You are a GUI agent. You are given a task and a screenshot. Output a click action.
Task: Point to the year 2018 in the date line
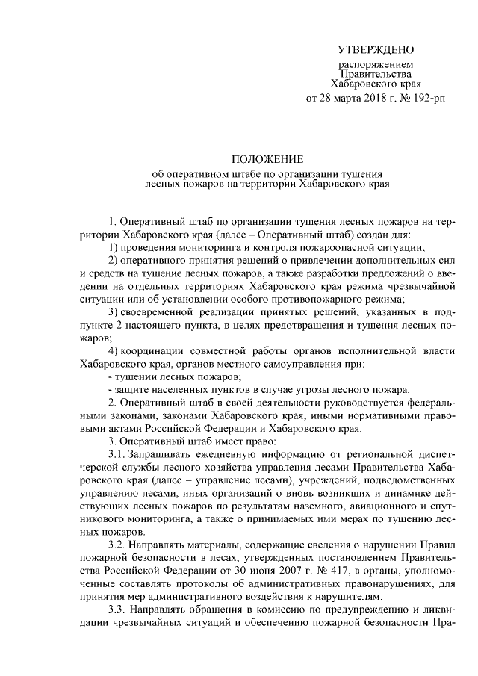pyautogui.click(x=364, y=98)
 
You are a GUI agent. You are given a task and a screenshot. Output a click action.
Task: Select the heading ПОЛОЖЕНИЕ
pyautogui.click(x=267, y=160)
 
